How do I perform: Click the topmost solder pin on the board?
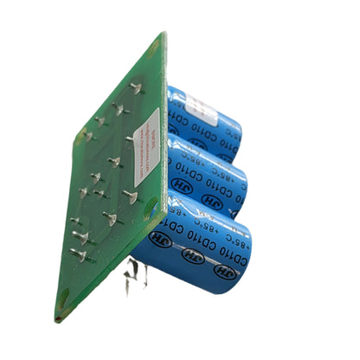click(136, 87)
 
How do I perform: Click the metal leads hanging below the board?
click(134, 279)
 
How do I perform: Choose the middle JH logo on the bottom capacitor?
click(189, 257)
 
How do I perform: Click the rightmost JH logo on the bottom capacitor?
click(224, 271)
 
